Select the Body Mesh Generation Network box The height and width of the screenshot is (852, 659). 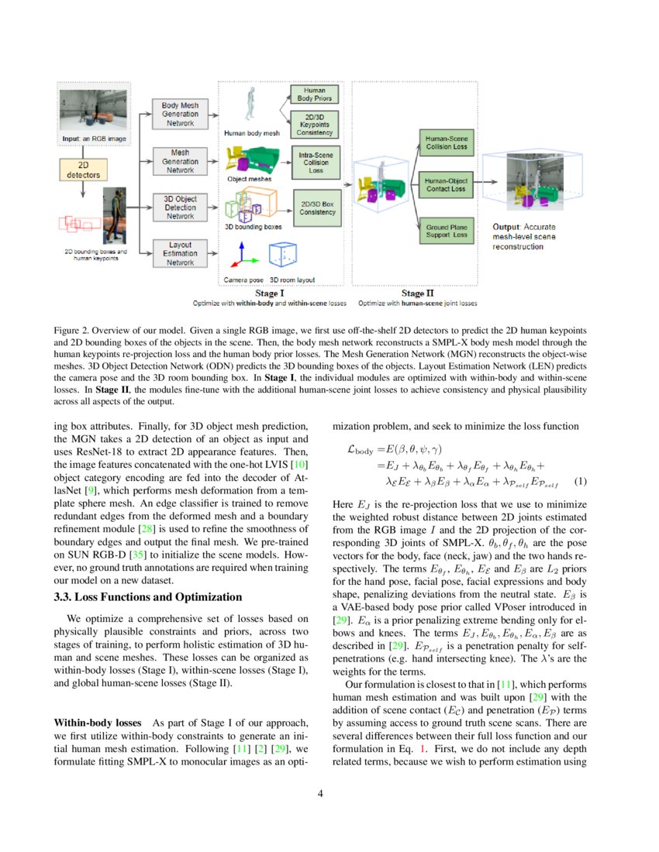[180, 114]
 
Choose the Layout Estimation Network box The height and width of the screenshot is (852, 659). [180, 253]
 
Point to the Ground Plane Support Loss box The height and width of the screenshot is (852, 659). [447, 230]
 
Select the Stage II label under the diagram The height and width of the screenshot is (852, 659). [413, 294]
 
